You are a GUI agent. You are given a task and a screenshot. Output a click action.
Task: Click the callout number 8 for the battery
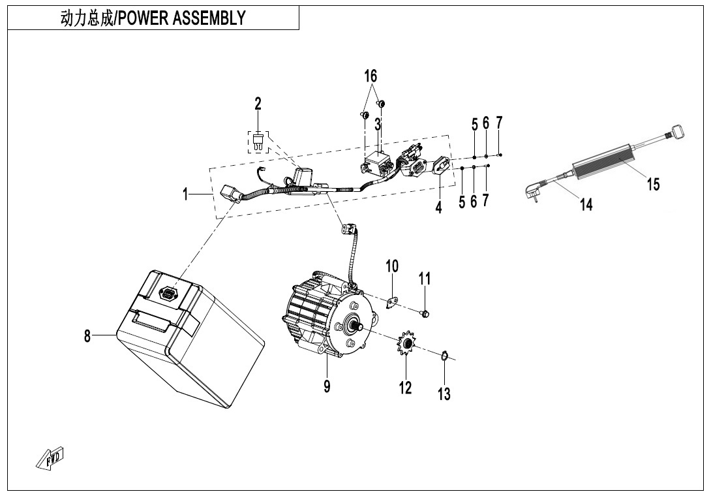click(x=87, y=336)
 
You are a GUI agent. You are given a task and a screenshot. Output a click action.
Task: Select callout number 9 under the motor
click(x=327, y=386)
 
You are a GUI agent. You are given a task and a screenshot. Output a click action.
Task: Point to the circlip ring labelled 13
click(x=444, y=356)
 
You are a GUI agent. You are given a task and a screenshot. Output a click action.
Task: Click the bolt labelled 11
click(x=425, y=315)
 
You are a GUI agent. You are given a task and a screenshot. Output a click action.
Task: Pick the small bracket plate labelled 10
click(x=393, y=302)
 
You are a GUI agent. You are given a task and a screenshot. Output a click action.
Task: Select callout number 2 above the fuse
click(x=258, y=103)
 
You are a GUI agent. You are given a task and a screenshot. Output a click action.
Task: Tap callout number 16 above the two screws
click(x=371, y=76)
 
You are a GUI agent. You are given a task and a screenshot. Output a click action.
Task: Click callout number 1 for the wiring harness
click(x=186, y=194)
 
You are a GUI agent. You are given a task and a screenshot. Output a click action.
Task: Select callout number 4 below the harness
click(x=439, y=208)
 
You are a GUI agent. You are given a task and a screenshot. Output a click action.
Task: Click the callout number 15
click(x=653, y=184)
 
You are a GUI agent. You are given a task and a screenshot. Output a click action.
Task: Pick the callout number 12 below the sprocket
click(x=406, y=388)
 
